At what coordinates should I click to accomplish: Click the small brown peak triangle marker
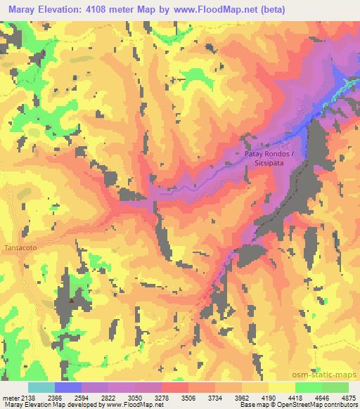[x=71, y=301]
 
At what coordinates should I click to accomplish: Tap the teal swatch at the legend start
[x=41, y=387]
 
